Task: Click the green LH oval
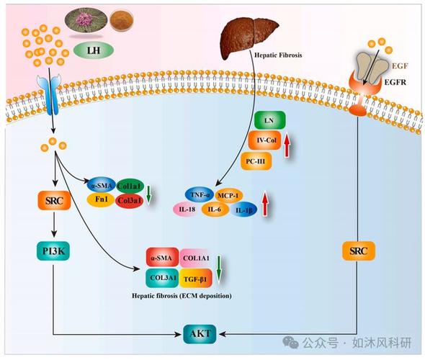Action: [94, 50]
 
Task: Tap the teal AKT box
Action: [200, 334]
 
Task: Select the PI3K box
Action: [53, 251]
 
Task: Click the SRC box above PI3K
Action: [54, 201]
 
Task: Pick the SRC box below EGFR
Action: [358, 251]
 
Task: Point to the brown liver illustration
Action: [250, 37]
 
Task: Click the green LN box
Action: [269, 120]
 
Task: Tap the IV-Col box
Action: [265, 140]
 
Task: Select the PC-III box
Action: [256, 161]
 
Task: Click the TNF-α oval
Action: [200, 194]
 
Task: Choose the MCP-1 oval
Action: [228, 195]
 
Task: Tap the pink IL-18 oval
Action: [187, 209]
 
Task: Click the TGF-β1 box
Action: [195, 278]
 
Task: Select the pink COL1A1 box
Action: [196, 258]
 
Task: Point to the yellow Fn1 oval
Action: [101, 199]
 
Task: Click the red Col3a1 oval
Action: [129, 201]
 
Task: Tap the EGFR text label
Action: [395, 82]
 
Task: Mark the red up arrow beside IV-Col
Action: [287, 145]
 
